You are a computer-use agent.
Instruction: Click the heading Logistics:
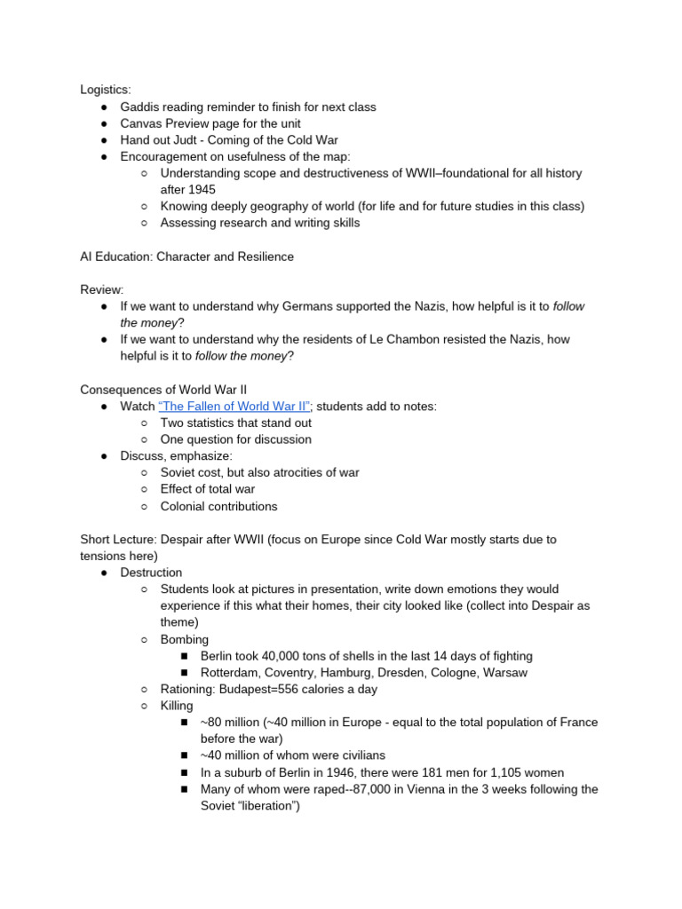[x=105, y=90]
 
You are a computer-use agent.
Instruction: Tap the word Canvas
[x=142, y=123]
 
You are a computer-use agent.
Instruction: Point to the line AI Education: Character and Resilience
[x=186, y=257]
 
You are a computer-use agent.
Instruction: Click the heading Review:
[x=102, y=289]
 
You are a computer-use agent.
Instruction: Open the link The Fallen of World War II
[x=234, y=406]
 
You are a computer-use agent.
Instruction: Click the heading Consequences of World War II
[x=163, y=389]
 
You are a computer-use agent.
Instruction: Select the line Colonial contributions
[x=218, y=506]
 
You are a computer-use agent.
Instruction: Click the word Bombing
[x=185, y=639]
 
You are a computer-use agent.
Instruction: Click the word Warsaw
[x=505, y=673]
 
